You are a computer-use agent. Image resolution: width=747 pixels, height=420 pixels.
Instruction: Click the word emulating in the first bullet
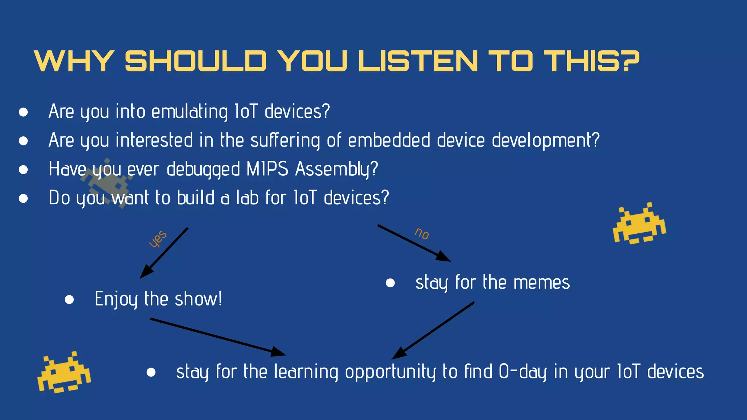click(189, 112)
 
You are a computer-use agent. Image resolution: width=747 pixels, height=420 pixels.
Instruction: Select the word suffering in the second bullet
click(285, 140)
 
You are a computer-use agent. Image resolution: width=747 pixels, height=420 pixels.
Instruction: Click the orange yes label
click(158, 239)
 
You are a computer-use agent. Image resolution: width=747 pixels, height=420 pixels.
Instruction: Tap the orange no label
click(422, 233)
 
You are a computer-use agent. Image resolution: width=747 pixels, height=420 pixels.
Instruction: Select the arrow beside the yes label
click(165, 253)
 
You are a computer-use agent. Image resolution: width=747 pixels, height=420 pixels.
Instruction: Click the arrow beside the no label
click(414, 243)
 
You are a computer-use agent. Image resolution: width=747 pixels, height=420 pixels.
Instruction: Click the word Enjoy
click(116, 300)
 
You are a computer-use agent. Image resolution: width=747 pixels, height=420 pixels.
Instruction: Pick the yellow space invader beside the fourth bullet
click(639, 224)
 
